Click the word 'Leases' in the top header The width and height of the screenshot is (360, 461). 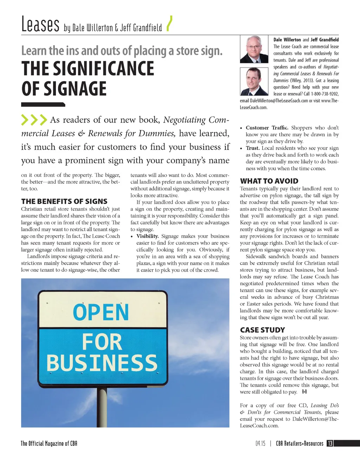40,25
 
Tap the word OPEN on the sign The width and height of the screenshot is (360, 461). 101,312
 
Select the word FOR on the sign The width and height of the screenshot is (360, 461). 102,342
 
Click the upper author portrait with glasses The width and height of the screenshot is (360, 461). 254,49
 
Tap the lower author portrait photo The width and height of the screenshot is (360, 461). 254,82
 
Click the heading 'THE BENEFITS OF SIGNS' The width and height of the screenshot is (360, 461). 64,202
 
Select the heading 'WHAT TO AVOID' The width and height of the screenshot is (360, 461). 269,181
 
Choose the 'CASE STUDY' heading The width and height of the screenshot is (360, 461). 262,330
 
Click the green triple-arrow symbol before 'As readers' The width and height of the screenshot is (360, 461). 34,120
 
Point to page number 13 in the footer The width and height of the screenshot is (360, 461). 330,443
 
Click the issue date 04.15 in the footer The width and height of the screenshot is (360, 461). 261,444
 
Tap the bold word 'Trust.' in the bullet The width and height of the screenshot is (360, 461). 253,148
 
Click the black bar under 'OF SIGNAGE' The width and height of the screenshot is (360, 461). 43,105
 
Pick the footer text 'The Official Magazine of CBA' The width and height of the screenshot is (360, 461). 49,443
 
